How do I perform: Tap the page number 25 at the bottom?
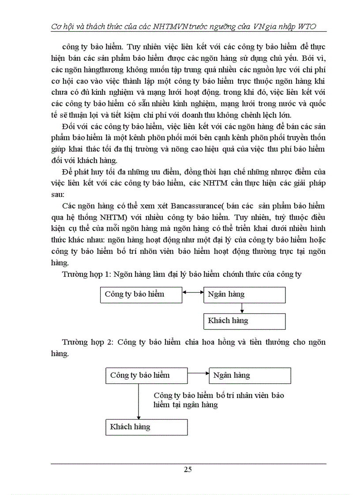click(x=187, y=469)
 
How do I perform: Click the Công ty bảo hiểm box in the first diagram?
click(x=141, y=295)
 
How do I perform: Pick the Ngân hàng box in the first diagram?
click(x=244, y=295)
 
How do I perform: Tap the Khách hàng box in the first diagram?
click(x=244, y=321)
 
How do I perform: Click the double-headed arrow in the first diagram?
click(x=193, y=292)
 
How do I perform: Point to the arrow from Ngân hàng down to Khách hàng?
click(x=242, y=308)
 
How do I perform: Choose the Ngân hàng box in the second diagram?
click(x=250, y=376)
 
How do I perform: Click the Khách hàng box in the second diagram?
click(x=147, y=427)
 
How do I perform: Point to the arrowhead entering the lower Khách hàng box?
click(x=139, y=417)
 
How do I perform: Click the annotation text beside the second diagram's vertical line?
click(x=218, y=400)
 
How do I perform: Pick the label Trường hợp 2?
click(x=87, y=342)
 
